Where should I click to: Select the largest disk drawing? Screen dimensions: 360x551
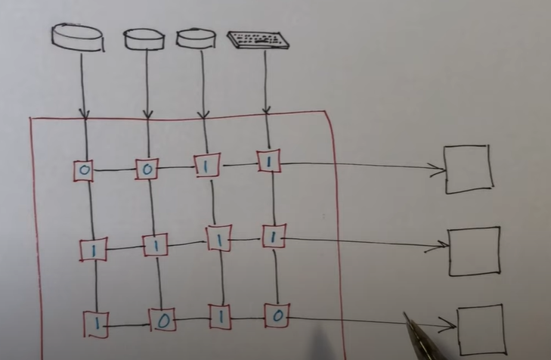[x=77, y=37]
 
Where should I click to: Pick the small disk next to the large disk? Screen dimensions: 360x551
[x=144, y=39]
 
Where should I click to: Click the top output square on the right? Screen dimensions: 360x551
[x=468, y=169]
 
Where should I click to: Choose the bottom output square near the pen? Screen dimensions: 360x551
[x=481, y=329]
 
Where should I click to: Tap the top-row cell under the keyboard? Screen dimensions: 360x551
[x=268, y=161]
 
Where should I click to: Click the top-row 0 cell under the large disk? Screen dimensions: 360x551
[x=83, y=171]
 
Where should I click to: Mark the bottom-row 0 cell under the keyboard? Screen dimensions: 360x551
[x=277, y=315]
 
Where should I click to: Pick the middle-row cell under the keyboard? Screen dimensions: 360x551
[x=272, y=237]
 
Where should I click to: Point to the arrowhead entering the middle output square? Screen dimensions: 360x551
[x=442, y=246]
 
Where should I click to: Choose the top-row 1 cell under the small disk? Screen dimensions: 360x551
[x=206, y=165]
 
